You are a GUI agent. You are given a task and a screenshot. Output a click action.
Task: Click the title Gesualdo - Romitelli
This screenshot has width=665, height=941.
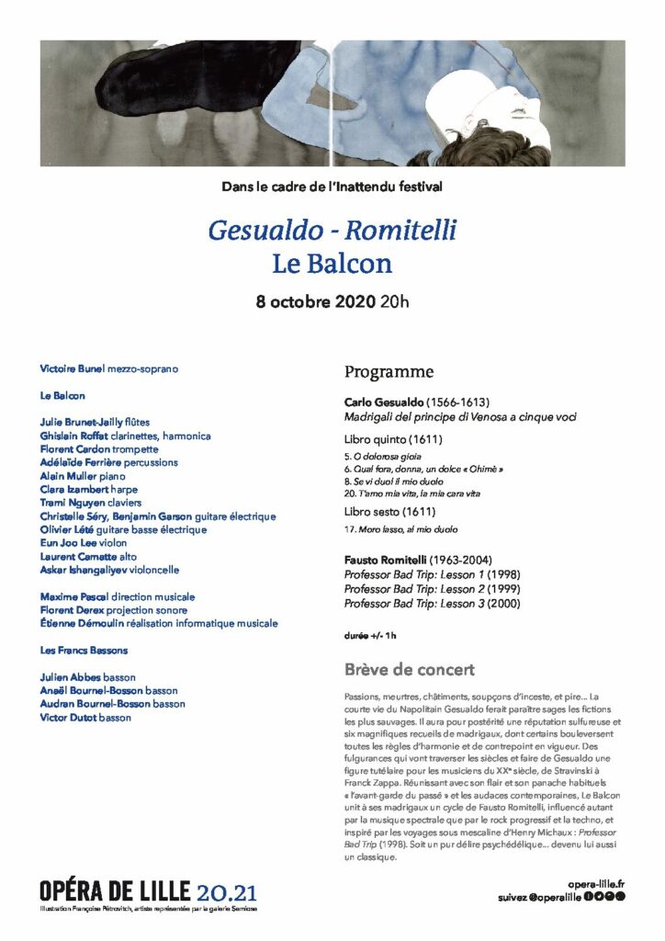click(332, 229)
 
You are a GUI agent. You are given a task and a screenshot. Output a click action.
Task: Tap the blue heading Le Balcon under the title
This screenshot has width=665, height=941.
click(332, 264)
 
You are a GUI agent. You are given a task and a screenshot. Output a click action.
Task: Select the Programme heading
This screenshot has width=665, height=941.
click(389, 372)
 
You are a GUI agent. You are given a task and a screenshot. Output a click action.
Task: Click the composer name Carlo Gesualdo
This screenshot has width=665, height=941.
click(384, 402)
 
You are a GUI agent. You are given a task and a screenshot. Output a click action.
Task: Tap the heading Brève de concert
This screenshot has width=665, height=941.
click(410, 670)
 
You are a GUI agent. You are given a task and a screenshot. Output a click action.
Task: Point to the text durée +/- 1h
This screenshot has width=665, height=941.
click(371, 635)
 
